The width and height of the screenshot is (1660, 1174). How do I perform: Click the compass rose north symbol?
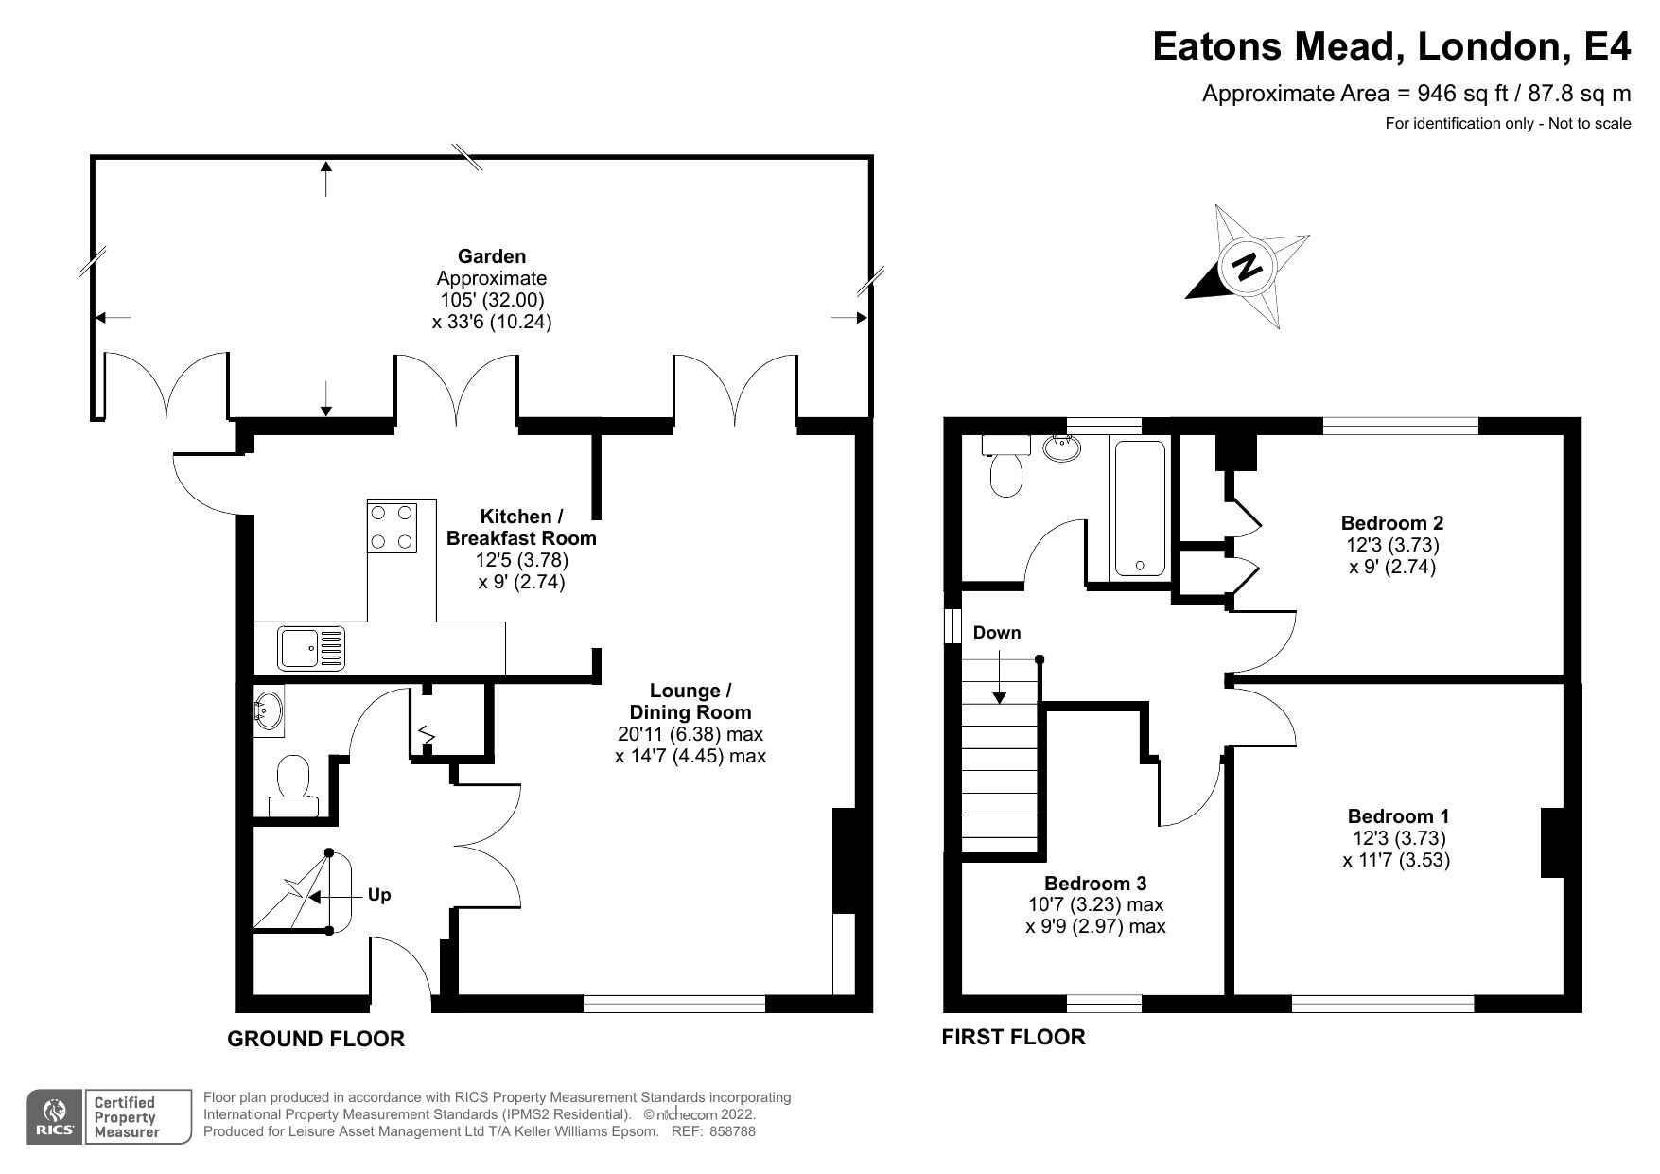click(x=1248, y=267)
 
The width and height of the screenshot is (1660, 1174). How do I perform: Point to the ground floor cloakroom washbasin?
click(x=269, y=710)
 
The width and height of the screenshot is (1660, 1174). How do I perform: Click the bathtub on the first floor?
click(x=1140, y=508)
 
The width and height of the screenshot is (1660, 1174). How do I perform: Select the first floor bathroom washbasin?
click(x=1065, y=447)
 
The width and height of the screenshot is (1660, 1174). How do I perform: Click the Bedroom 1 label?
click(x=1398, y=815)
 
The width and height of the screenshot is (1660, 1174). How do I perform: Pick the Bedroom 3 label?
click(x=1095, y=883)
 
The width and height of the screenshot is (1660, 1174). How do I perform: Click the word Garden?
click(x=492, y=255)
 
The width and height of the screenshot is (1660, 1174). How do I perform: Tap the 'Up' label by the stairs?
click(x=378, y=895)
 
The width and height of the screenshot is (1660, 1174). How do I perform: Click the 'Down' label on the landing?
click(x=997, y=632)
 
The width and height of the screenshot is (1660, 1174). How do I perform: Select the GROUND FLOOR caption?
click(x=316, y=1039)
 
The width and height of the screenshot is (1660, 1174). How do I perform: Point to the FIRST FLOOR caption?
click(x=1013, y=1037)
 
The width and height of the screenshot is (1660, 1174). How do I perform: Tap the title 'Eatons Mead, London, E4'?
click(x=1391, y=45)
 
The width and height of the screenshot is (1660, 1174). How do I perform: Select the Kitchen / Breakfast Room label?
click(x=521, y=527)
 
